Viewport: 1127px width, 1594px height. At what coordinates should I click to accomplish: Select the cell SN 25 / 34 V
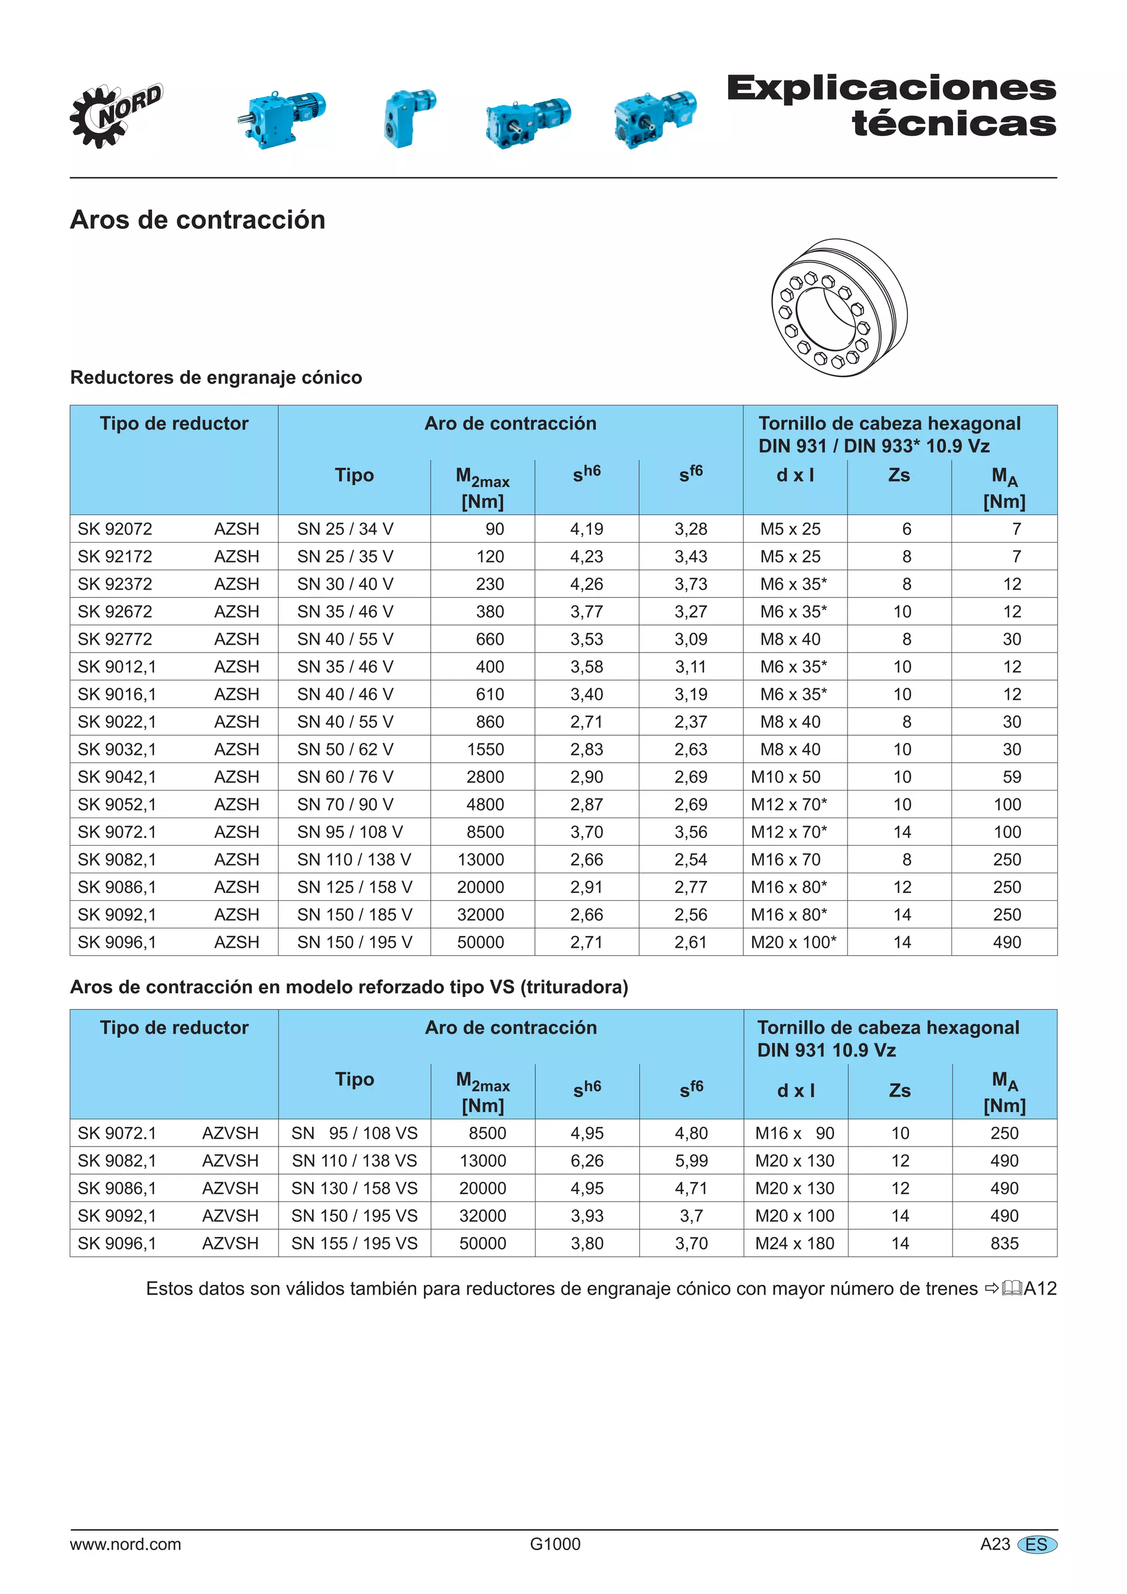click(x=345, y=529)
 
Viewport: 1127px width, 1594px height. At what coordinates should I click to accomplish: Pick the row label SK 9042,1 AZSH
click(x=168, y=777)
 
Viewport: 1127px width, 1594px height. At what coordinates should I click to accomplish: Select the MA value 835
click(x=1004, y=1244)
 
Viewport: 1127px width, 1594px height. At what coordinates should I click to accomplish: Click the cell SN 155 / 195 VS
click(x=354, y=1244)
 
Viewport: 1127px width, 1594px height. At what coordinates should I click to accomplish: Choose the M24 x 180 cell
click(x=795, y=1244)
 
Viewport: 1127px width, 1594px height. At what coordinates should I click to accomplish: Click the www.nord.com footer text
click(x=125, y=1544)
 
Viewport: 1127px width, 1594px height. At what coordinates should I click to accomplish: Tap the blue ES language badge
click(x=1036, y=1544)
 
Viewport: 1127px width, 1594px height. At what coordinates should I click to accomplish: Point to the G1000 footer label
click(x=555, y=1544)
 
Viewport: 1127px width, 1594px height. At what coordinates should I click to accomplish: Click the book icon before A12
click(x=1012, y=1289)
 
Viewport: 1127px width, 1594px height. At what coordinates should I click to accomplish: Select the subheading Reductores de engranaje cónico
click(x=216, y=377)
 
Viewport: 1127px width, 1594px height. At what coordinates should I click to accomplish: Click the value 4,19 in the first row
click(x=587, y=529)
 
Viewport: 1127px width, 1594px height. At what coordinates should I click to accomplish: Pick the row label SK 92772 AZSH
click(x=168, y=639)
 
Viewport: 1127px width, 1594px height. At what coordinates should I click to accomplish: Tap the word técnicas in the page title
click(x=954, y=124)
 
